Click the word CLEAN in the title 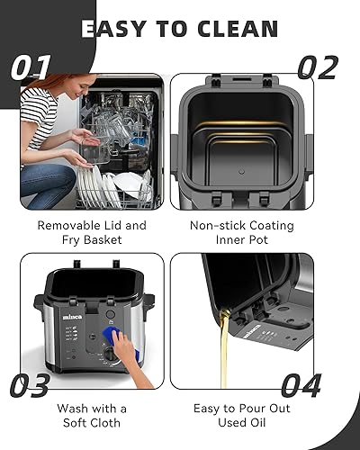click(228, 28)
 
